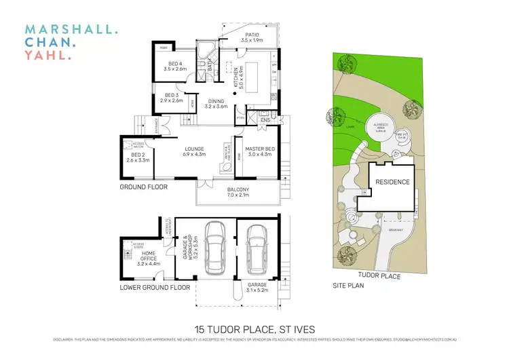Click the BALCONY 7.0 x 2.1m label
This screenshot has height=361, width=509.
(238, 192)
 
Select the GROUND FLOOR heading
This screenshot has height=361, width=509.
(144, 187)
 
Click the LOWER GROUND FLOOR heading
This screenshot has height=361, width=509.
(155, 288)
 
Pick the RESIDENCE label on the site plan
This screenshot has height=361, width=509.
(392, 182)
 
